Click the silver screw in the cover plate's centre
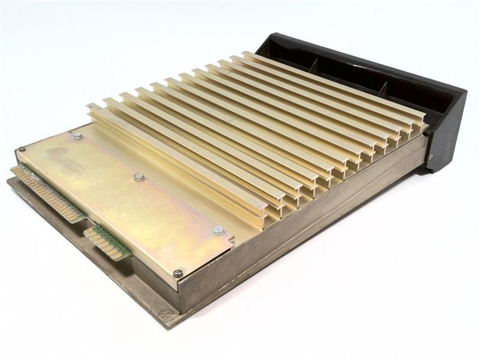[x=139, y=177]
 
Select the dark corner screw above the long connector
[x=22, y=149]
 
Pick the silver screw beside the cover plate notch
[x=218, y=230]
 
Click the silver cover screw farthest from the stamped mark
[x=77, y=136]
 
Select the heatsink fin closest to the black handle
[x=336, y=84]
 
